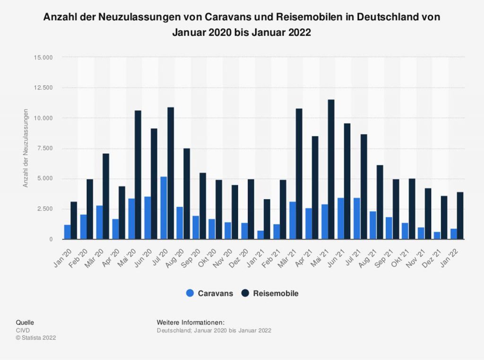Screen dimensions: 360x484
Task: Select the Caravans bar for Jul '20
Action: click(x=164, y=208)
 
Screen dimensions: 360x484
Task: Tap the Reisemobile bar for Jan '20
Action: click(x=74, y=220)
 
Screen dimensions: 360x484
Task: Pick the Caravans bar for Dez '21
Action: click(x=437, y=236)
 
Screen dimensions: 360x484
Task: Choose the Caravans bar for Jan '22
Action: click(x=453, y=234)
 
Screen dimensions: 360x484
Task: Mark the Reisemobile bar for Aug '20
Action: click(x=187, y=194)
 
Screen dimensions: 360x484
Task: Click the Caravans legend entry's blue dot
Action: click(x=190, y=293)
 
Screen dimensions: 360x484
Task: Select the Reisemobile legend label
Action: click(x=276, y=293)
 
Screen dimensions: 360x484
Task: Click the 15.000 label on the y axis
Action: click(x=44, y=57)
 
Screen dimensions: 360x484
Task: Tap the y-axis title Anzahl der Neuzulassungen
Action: click(x=26, y=148)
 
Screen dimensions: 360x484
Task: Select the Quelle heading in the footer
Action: click(x=25, y=323)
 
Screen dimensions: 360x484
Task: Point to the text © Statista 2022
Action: click(x=36, y=338)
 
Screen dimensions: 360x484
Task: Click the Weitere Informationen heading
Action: click(x=187, y=322)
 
